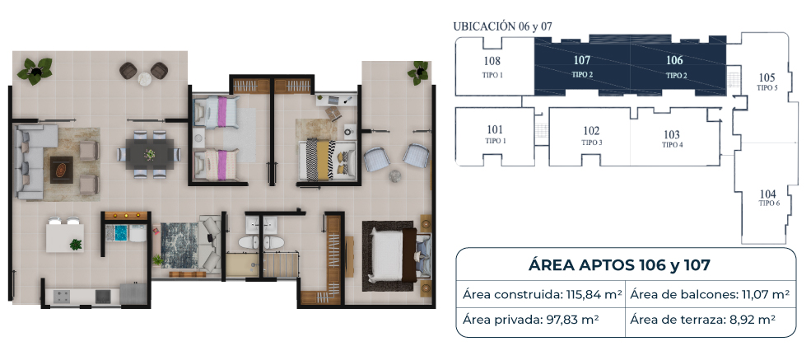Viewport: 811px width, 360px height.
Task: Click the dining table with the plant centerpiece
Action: point(150,154)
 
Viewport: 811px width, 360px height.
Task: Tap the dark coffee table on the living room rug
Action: point(61,170)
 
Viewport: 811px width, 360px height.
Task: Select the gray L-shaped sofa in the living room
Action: point(31,162)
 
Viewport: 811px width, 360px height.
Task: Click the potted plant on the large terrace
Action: point(35,70)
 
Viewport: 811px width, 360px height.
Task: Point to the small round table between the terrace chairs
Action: point(144,79)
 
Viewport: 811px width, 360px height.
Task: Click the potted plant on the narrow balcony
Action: point(418,73)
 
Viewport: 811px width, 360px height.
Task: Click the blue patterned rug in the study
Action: point(179,245)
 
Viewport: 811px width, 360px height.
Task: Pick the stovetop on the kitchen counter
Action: point(62,296)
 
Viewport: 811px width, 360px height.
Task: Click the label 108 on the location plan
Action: point(492,60)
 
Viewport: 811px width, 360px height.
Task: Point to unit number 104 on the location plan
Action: point(768,194)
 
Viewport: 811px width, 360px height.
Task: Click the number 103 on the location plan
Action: point(671,135)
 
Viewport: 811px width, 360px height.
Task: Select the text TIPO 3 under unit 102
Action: point(592,143)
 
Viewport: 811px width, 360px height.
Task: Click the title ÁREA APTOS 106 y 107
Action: point(619,265)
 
